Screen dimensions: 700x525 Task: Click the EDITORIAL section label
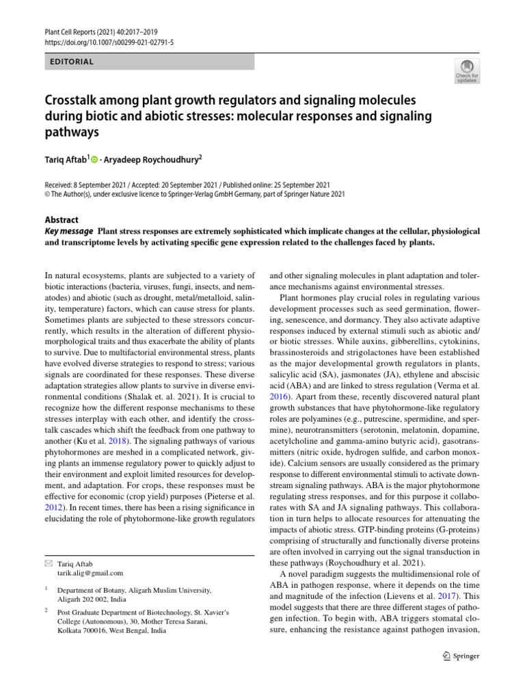[71, 62]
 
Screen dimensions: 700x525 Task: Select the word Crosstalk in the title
[73, 100]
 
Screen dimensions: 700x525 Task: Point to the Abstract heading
[62, 220]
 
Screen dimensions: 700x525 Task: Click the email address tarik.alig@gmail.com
[90, 573]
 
